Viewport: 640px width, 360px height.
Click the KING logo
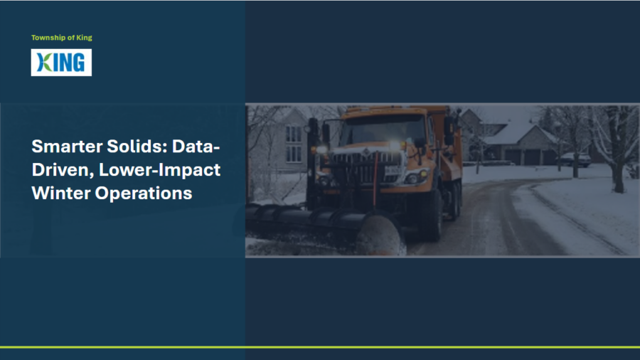[x=61, y=63]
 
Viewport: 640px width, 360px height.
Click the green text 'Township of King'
[x=62, y=38]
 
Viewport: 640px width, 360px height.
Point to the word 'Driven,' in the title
[x=63, y=170]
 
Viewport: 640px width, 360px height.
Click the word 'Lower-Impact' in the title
[x=159, y=170]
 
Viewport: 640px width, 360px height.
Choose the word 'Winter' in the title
[x=61, y=193]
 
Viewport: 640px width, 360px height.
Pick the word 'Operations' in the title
[x=143, y=193]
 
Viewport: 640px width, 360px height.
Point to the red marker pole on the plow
[x=375, y=179]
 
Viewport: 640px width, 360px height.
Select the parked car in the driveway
[x=575, y=159]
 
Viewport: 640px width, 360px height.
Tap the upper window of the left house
[x=294, y=134]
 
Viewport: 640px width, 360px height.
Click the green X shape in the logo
[x=45, y=63]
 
